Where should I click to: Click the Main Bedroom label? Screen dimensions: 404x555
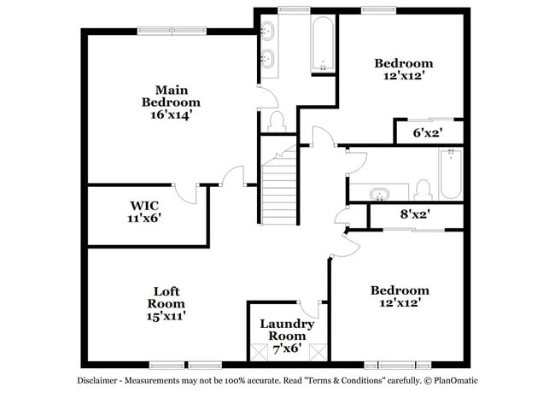pyautogui.click(x=172, y=102)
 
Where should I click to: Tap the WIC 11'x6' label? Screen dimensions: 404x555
pyautogui.click(x=144, y=212)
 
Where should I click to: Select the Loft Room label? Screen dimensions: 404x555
pyautogui.click(x=166, y=303)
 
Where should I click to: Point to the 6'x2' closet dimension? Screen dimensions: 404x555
pyautogui.click(x=426, y=133)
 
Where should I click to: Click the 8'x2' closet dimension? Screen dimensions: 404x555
pyautogui.click(x=414, y=214)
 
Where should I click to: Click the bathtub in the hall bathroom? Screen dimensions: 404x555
pyautogui.click(x=450, y=174)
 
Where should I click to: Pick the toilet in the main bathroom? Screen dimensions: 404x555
pyautogui.click(x=276, y=122)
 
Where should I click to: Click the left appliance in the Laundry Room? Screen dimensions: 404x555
pyautogui.click(x=260, y=350)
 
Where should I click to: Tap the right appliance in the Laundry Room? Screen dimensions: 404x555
pyautogui.click(x=318, y=350)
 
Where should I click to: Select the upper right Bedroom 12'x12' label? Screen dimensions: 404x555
pyautogui.click(x=404, y=69)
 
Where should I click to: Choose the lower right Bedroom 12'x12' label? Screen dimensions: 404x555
pyautogui.click(x=399, y=296)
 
